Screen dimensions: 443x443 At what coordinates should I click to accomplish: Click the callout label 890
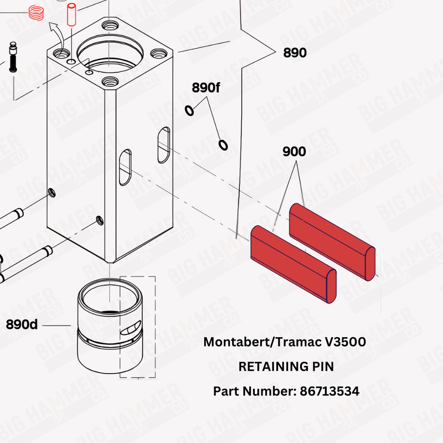pos(295,53)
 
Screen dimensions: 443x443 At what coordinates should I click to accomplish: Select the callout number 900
pos(294,152)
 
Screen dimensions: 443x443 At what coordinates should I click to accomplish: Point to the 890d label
pos(22,324)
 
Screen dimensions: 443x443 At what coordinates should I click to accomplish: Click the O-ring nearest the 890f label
pos(189,111)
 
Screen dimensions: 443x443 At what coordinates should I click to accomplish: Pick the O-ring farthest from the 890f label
pos(223,145)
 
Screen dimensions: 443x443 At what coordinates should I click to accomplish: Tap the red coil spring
pos(36,12)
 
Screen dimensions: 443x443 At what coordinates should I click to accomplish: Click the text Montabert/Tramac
pos(264,342)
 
